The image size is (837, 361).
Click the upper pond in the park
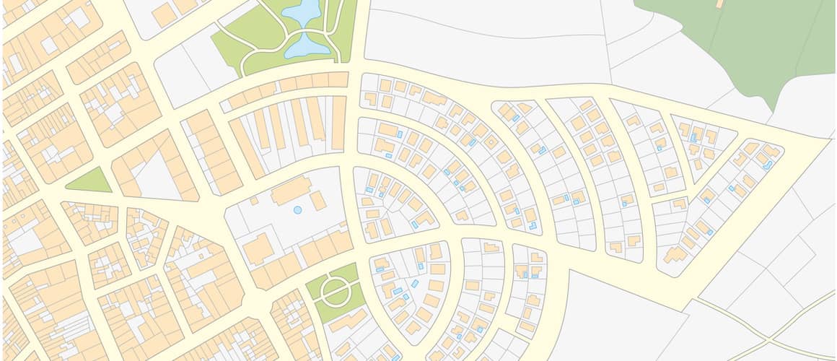point(302,10)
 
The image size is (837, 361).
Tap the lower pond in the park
point(308,45)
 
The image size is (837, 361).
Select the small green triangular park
point(90,181)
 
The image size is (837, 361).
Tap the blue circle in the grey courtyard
point(297,210)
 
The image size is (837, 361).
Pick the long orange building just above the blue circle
point(292,191)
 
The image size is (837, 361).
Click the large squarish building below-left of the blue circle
point(258,249)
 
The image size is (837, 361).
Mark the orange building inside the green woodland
point(719,4)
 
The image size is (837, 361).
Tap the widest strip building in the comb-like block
point(338,123)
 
